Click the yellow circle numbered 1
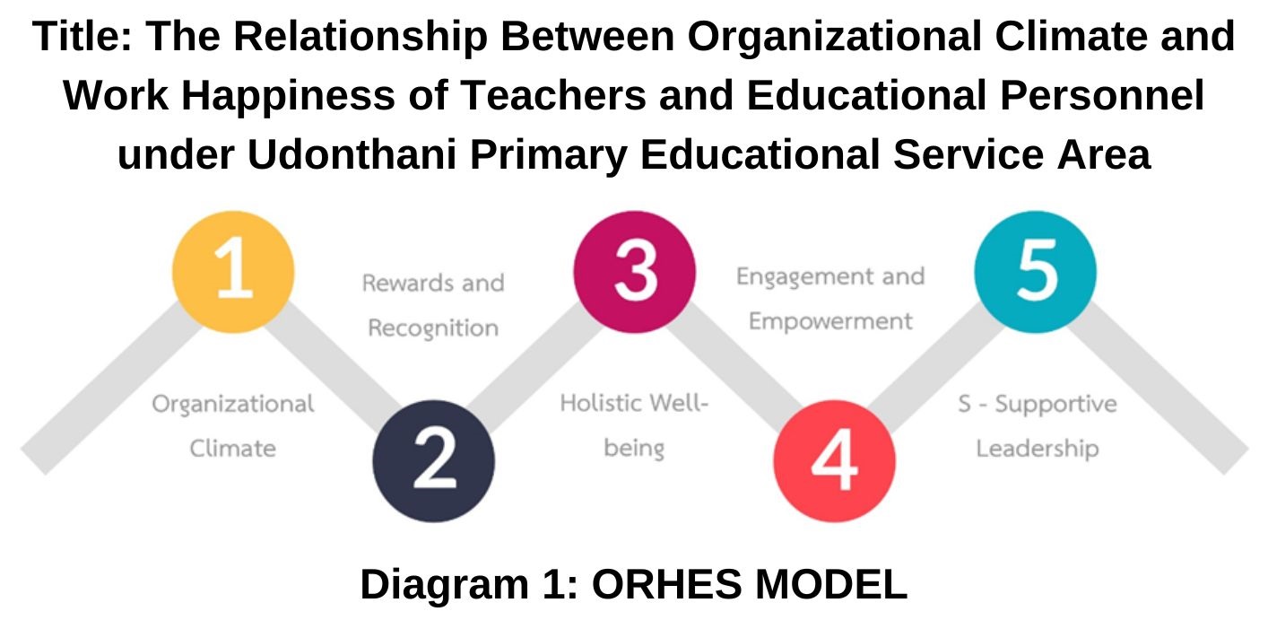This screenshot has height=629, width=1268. click(x=233, y=272)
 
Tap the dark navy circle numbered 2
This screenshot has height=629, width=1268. click(x=434, y=460)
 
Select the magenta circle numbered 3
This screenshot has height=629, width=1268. click(x=635, y=272)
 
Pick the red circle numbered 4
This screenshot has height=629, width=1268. click(x=834, y=460)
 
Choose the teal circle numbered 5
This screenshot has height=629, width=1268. click(x=1036, y=272)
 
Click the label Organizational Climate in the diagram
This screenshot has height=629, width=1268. click(x=232, y=426)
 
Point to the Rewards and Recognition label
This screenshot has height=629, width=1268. click(x=433, y=305)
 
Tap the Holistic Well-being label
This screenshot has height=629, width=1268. click(x=634, y=425)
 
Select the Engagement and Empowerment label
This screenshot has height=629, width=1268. click(x=830, y=299)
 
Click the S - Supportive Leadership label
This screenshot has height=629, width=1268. click(x=1038, y=426)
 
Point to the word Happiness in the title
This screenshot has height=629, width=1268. click(x=288, y=95)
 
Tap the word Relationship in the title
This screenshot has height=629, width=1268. click(x=360, y=37)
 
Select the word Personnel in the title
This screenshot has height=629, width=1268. click(x=1102, y=95)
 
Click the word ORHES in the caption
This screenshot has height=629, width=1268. click(x=666, y=584)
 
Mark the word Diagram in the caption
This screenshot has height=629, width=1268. click(x=445, y=585)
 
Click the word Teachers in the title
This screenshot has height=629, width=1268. click(x=553, y=95)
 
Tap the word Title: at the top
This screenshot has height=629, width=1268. click(x=83, y=37)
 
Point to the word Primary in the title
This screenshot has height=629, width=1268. click(x=549, y=154)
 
